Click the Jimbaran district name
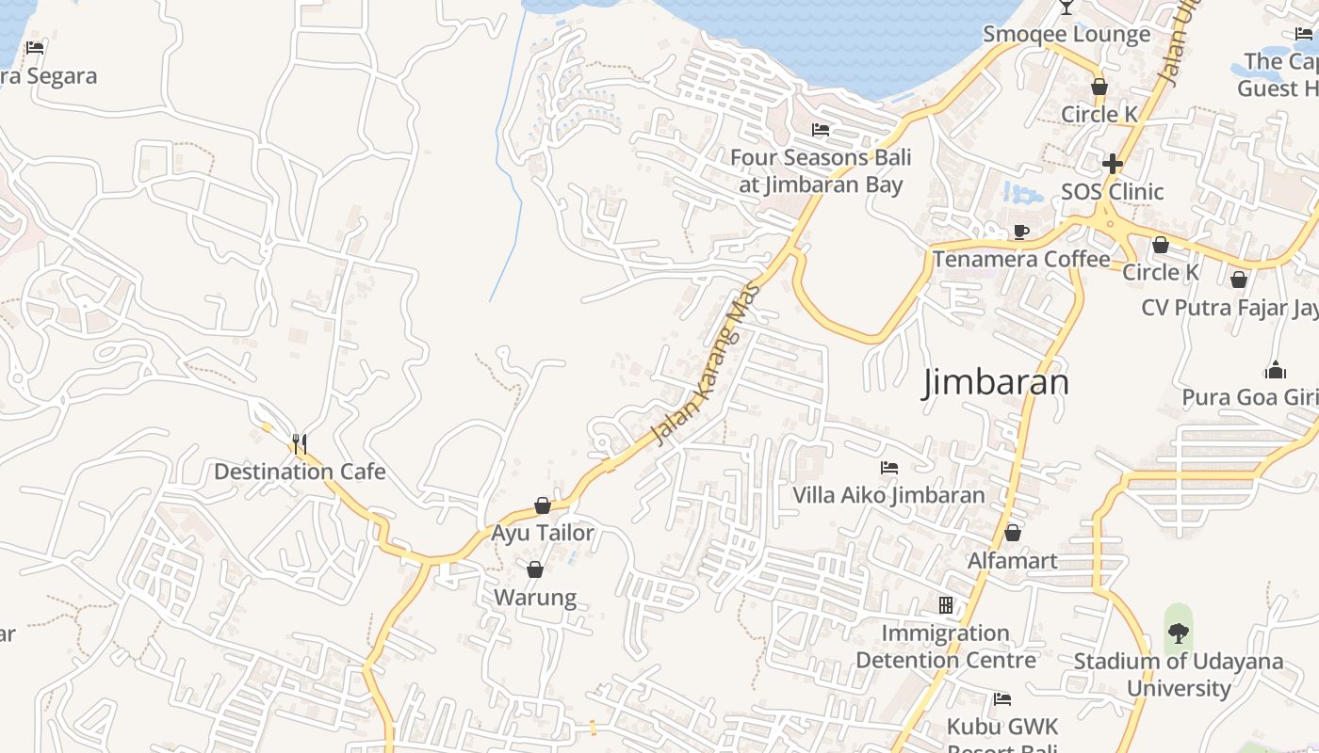996,382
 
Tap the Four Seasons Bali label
821,171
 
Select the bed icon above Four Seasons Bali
821,130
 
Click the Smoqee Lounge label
1067,35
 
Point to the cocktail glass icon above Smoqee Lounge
1067,7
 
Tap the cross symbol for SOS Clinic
1113,164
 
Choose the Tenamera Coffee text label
1021,259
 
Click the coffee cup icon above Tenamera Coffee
1021,232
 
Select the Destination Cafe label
300,472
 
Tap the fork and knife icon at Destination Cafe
300,443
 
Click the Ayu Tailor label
543,534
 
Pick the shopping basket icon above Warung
535,569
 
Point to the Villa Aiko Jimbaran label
888,495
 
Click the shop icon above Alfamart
1013,534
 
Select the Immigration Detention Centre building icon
946,605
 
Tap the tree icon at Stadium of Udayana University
1178,633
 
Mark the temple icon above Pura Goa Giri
1276,370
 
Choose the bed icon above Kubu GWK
1002,699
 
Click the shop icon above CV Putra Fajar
1239,280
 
